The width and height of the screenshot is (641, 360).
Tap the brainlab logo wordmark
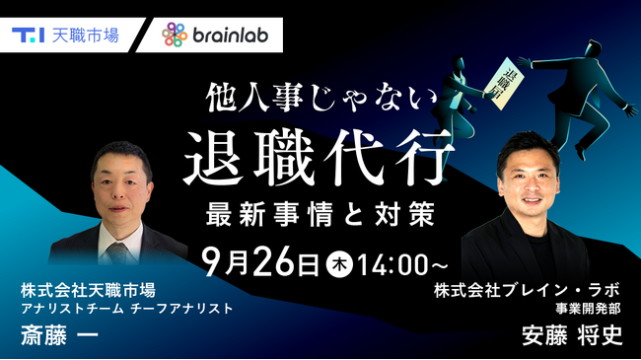[233, 36]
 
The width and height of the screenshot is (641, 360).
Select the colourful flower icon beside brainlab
[175, 36]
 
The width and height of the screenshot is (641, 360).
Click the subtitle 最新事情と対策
[321, 209]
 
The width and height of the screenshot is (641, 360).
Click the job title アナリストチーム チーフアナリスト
[126, 309]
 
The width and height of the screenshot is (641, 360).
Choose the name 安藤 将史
[572, 336]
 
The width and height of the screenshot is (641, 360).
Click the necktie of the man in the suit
[119, 252]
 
